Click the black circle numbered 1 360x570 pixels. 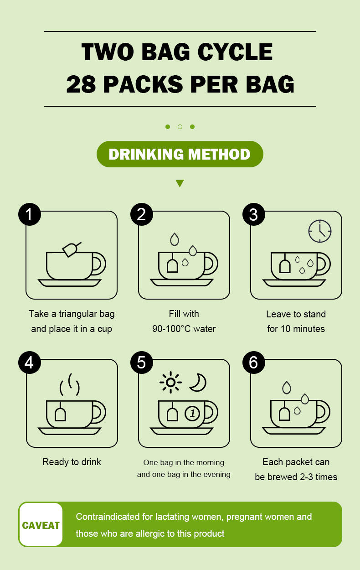[x=30, y=214]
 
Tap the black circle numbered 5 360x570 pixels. [x=142, y=363]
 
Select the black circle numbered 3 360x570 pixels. [x=254, y=214]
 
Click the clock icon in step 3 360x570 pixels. [x=320, y=231]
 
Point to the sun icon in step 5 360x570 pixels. [x=170, y=382]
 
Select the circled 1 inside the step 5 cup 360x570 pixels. [x=192, y=413]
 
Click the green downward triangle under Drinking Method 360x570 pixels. [x=180, y=182]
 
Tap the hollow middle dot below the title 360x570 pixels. [x=180, y=127]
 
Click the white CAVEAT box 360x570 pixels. [x=41, y=524]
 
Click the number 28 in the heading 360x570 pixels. [x=81, y=84]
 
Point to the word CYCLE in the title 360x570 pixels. [x=235, y=52]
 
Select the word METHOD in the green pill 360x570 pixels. [x=219, y=154]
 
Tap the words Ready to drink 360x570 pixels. [x=72, y=462]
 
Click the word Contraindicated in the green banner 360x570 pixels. [x=108, y=517]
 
